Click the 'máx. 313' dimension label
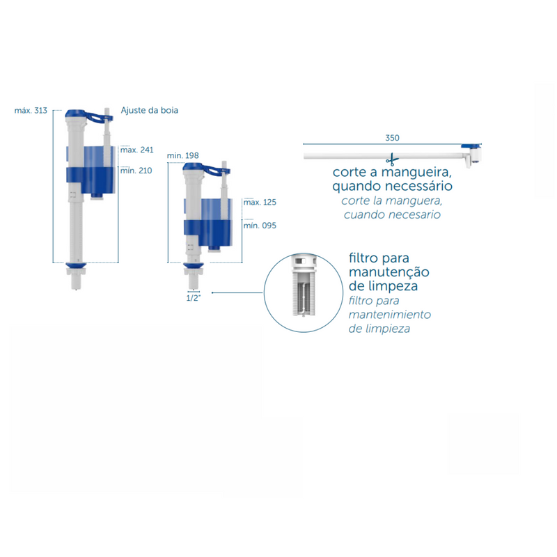31,111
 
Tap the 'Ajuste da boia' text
150,110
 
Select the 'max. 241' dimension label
137,150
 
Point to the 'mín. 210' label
136,171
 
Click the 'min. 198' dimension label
183,155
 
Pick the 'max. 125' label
260,203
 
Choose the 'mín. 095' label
260,226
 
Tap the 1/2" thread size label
194,298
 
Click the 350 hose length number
393,138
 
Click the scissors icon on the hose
392,160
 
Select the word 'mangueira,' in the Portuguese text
416,173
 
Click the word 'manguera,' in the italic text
414,201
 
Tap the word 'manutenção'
389,272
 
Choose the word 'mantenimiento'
390,315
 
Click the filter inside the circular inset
304,285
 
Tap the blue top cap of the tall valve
76,113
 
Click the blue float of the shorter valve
208,233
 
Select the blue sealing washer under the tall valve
76,265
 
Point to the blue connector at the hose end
471,147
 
